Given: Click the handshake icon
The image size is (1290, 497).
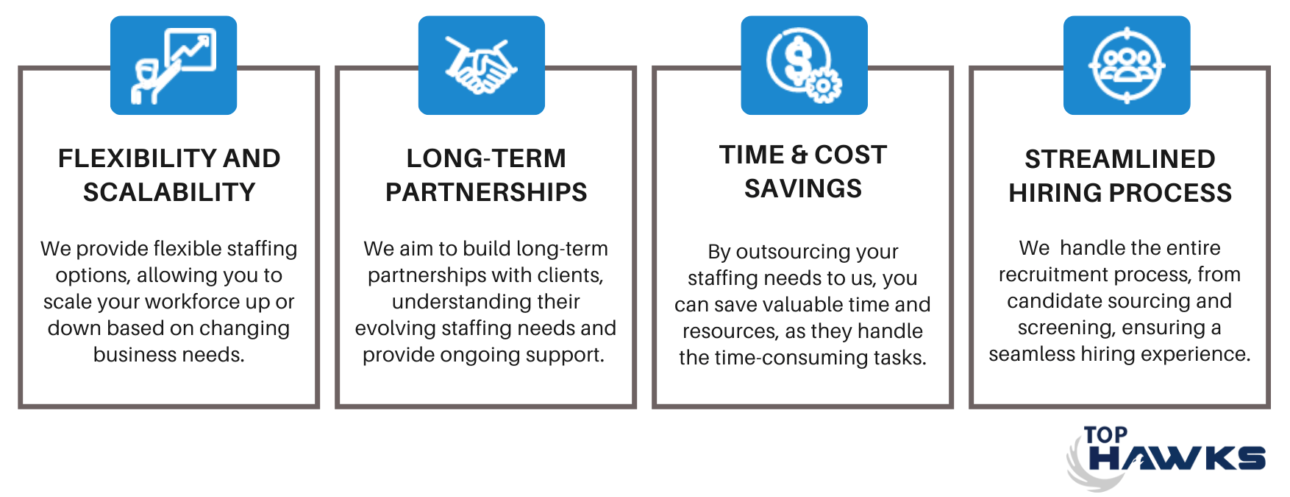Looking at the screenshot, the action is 481,66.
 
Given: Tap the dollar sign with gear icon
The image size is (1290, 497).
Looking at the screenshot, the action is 804,66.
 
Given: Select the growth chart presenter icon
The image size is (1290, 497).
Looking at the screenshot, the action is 174,66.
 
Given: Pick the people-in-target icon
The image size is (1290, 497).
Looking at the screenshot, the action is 1127,66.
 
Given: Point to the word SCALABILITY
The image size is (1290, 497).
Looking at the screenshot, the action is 169,192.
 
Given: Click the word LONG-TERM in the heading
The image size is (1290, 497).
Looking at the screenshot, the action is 486,158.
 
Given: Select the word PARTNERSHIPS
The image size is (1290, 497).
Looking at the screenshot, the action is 486,192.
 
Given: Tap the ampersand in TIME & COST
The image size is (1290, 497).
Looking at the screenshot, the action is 799,155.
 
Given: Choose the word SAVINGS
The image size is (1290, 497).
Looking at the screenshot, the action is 803,188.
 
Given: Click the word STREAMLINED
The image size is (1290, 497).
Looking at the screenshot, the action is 1120,159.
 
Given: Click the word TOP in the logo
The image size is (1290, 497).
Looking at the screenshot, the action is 1105,435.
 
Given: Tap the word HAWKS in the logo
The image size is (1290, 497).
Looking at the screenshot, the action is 1177,458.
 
